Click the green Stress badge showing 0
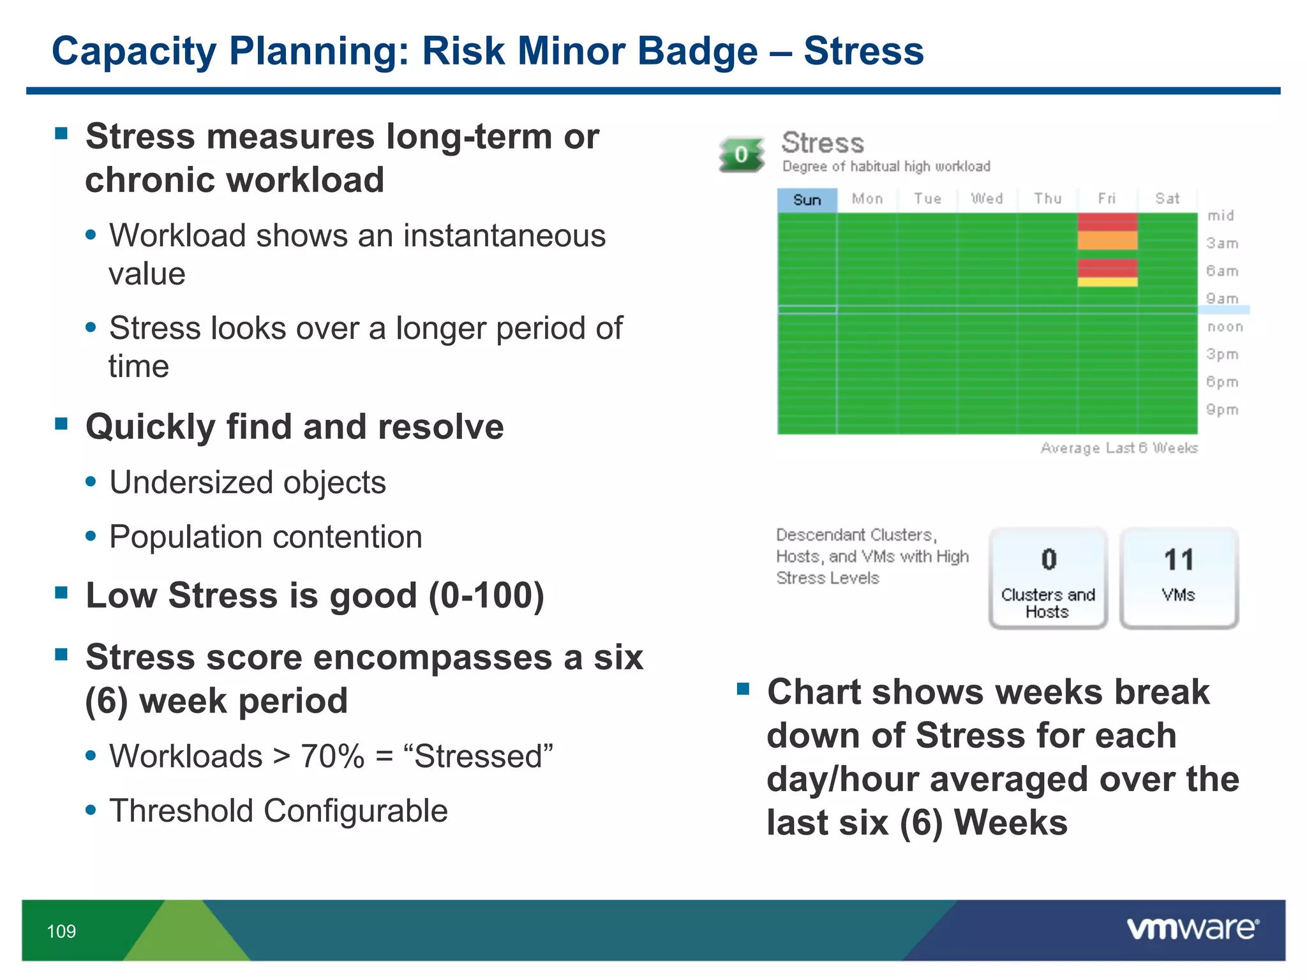click(x=742, y=154)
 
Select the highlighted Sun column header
click(x=807, y=200)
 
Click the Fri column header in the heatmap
click(x=1107, y=199)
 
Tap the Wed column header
click(x=987, y=199)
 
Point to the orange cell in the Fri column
click(x=1107, y=241)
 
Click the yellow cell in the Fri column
click(x=1107, y=282)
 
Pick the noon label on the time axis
click(x=1225, y=327)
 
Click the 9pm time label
click(x=1222, y=410)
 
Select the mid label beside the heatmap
click(x=1220, y=216)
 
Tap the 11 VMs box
click(x=1179, y=577)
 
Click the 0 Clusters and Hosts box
click(x=1048, y=577)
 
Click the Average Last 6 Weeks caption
click(x=1119, y=448)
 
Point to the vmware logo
click(x=1192, y=929)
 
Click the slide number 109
click(x=61, y=932)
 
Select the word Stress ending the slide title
click(x=863, y=51)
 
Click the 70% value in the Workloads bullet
click(x=332, y=757)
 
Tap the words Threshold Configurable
click(x=278, y=811)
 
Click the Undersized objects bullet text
click(x=248, y=482)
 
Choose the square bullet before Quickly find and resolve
click(x=61, y=424)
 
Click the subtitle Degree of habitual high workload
click(x=886, y=167)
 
